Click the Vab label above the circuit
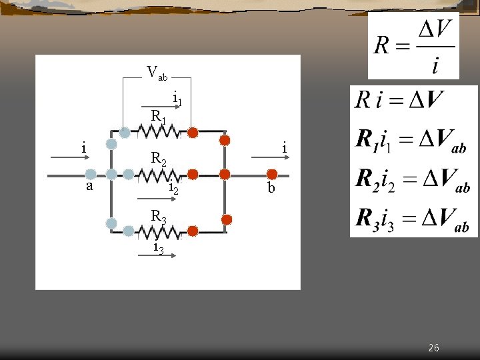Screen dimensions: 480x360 [157, 71]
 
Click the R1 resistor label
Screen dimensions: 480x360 [159, 116]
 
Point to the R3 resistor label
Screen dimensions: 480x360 [159, 216]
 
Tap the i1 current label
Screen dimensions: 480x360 [177, 99]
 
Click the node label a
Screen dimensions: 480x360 [90, 187]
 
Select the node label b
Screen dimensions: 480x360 [271, 188]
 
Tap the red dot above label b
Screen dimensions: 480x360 [272, 174]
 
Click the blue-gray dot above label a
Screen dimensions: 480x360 [90, 174]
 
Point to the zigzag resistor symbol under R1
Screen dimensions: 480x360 [158, 133]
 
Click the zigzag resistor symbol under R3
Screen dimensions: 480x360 [158, 231]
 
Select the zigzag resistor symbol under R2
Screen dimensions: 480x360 [158, 175]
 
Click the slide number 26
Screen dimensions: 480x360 [433, 348]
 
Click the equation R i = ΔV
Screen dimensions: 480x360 [399, 101]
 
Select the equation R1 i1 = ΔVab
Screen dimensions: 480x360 [411, 142]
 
